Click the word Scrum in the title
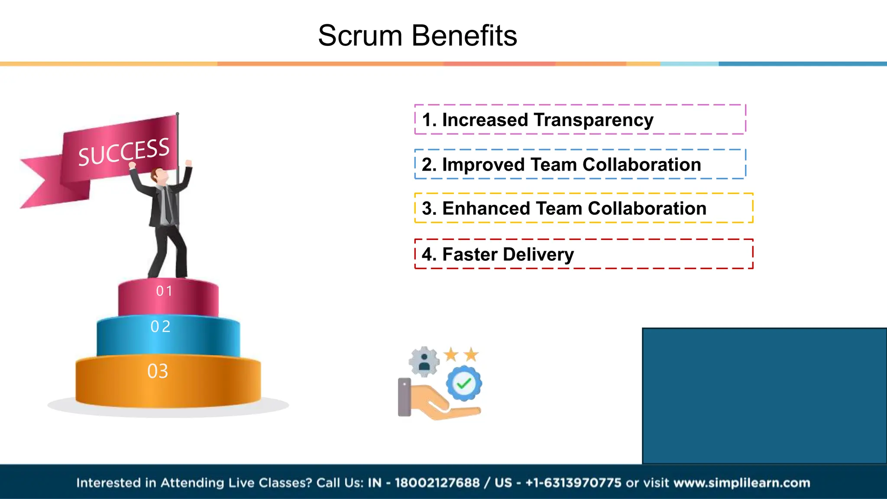click(360, 36)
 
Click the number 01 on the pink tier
click(165, 291)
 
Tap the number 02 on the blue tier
click(161, 327)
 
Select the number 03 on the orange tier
click(158, 371)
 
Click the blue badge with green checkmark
click(464, 383)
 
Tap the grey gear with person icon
click(424, 361)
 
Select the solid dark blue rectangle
click(764, 395)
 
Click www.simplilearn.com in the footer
click(741, 483)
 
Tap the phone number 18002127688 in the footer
click(437, 483)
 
